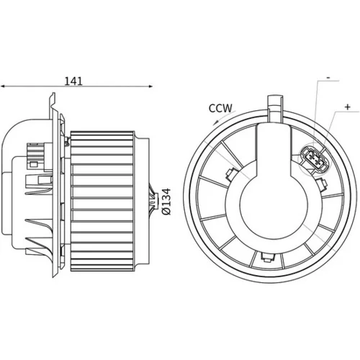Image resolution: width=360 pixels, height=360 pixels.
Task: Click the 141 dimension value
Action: pos(73,81)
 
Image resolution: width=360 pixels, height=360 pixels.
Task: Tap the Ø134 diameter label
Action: pos(166,202)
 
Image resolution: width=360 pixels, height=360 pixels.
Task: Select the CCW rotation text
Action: pos(220,108)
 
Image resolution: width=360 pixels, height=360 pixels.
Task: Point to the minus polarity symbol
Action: pos(328,78)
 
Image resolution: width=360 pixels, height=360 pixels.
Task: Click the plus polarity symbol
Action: pos(347,107)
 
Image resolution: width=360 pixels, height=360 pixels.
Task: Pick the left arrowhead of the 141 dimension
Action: pos(3,86)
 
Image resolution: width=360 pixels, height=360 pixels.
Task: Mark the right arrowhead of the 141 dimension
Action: pos(150,86)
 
